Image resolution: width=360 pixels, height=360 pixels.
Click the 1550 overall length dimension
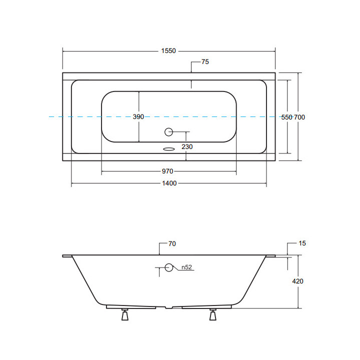168,50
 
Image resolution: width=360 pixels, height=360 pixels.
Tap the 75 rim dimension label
205,62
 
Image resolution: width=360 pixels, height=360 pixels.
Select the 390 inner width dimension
138,117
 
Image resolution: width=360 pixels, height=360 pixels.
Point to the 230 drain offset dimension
187,146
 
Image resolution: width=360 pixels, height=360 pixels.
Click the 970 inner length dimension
167,171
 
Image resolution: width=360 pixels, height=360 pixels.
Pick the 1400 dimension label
169,183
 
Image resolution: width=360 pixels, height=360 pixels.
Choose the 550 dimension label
287,117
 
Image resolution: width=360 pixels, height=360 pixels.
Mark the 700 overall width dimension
299,117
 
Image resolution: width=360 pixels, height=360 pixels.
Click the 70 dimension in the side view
172,243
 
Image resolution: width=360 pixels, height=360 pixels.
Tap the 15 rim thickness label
302,243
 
